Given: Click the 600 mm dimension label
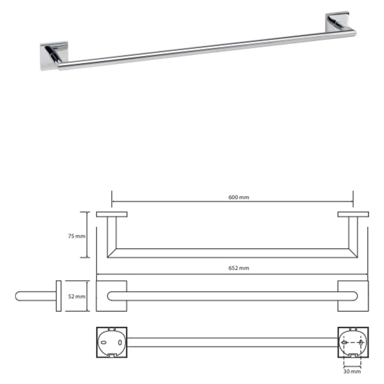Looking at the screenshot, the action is click(239, 197).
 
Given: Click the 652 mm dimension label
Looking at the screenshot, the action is click(239, 268).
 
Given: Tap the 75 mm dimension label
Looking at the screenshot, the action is click(77, 236).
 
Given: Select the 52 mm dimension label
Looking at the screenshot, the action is click(77, 296).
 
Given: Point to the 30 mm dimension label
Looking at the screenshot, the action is click(352, 372).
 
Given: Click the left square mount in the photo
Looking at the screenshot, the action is click(54, 56).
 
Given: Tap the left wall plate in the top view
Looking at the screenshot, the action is click(112, 214).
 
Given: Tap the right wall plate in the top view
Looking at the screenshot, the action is click(353, 214).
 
